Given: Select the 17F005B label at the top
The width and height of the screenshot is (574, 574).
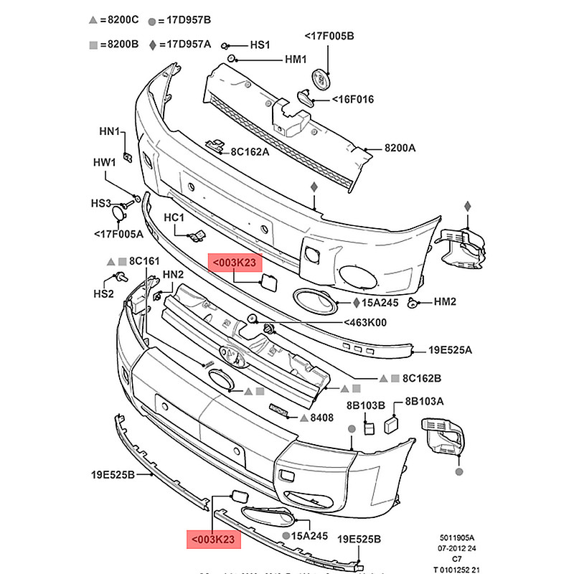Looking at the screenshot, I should (329, 35).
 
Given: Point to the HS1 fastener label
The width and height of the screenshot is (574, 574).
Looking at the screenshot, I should (259, 44).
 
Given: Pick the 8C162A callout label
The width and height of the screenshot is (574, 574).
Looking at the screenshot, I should (250, 151).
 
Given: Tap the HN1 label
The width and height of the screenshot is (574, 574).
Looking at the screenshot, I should (110, 133).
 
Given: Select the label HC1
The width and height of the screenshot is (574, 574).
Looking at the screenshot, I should (174, 217).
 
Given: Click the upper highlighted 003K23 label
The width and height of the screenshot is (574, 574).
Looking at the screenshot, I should (232, 263).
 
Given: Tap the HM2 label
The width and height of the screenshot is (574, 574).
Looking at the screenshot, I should (445, 302).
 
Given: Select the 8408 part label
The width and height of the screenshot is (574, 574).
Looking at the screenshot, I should (321, 417).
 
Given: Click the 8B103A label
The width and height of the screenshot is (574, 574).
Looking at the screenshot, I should (425, 401).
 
